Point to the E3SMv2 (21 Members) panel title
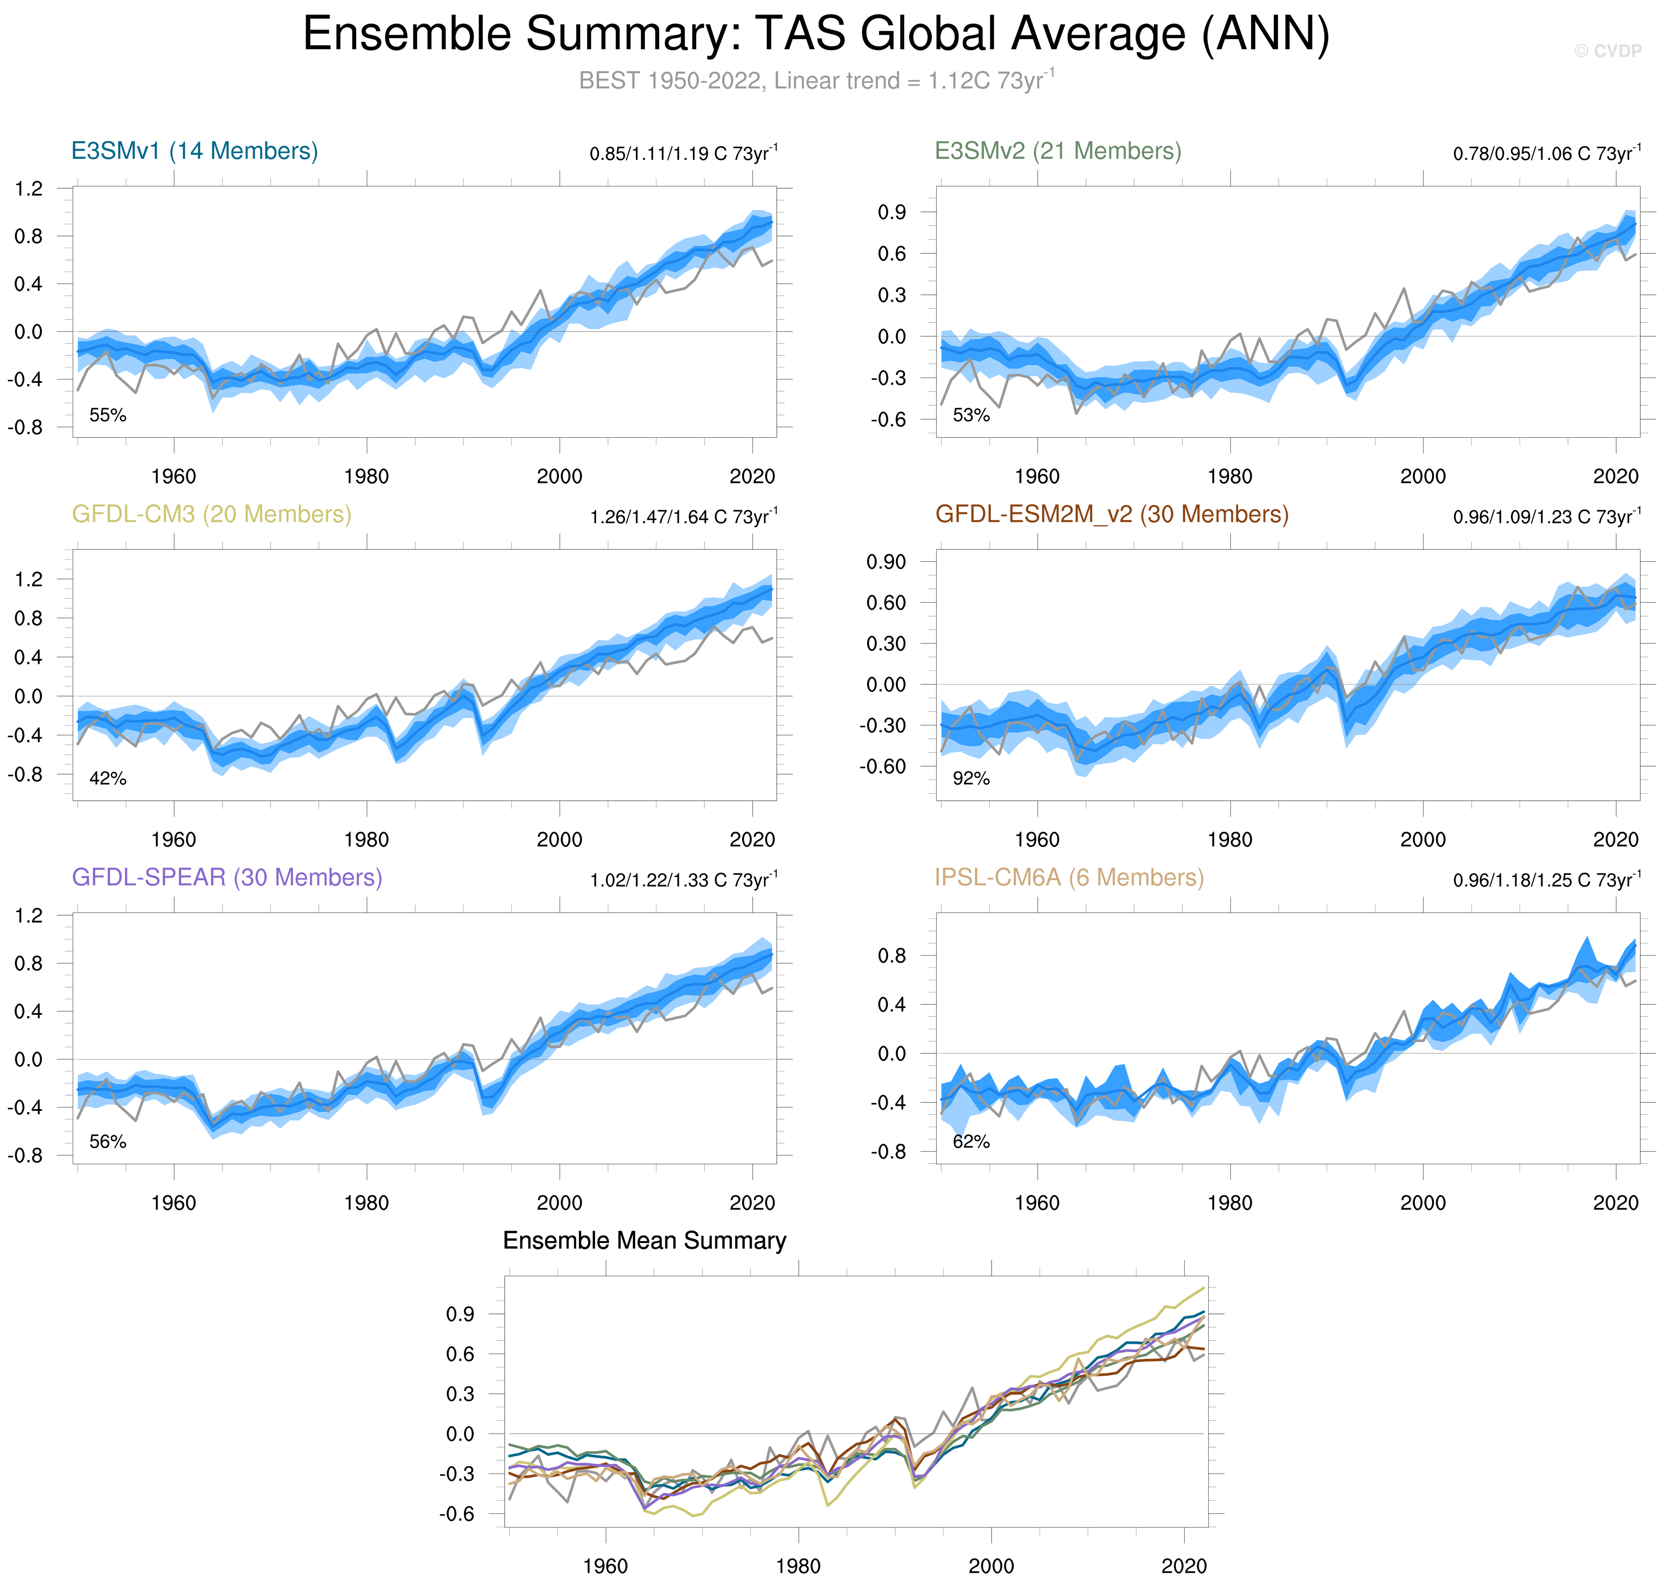(1057, 152)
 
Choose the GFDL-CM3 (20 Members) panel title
(211, 515)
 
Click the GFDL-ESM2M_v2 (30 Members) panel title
(1111, 515)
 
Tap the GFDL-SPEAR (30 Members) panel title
(227, 878)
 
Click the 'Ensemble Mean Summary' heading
(644, 1241)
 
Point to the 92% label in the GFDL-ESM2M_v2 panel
(971, 779)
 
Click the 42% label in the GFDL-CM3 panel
(107, 779)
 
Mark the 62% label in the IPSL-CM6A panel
(971, 1142)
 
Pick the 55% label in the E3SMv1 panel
(107, 416)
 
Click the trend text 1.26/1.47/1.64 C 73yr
(683, 516)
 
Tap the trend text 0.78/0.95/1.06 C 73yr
(1546, 153)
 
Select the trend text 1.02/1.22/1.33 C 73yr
(683, 879)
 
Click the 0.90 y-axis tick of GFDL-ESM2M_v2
(886, 562)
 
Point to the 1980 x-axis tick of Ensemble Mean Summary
(798, 1566)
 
